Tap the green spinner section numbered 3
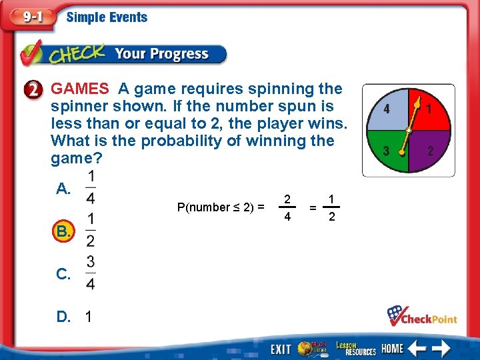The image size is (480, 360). pyautogui.click(x=389, y=148)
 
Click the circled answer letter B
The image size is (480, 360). pyautogui.click(x=63, y=231)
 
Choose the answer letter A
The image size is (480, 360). pyautogui.click(x=63, y=189)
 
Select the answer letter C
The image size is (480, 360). pyautogui.click(x=63, y=274)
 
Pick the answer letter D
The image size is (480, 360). pyautogui.click(x=63, y=317)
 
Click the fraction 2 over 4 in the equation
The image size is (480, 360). pyautogui.click(x=287, y=207)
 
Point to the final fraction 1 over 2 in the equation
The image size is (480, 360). pyautogui.click(x=331, y=207)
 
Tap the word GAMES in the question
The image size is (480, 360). pyautogui.click(x=80, y=89)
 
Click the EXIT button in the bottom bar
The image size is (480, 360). pyautogui.click(x=281, y=348)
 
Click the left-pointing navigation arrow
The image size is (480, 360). pyautogui.click(x=418, y=347)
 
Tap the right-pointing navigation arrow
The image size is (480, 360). pyautogui.click(x=441, y=347)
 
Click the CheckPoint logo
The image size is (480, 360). pyautogui.click(x=422, y=315)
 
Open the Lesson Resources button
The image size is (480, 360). pyautogui.click(x=355, y=347)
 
